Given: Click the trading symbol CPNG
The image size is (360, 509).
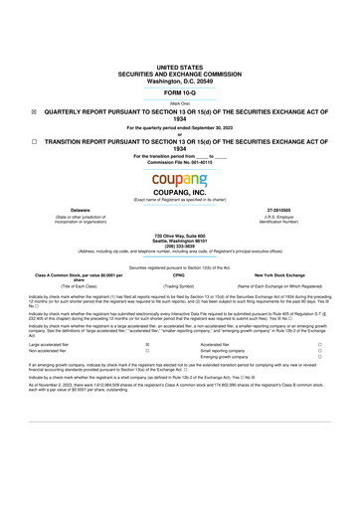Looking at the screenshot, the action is [179, 273].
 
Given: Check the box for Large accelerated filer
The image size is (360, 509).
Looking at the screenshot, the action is [147, 344].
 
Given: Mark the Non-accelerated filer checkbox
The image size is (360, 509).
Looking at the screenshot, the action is [147, 351].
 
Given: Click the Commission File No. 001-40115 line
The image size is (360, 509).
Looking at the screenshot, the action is [179, 161].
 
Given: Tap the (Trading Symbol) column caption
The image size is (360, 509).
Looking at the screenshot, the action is [179, 285].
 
